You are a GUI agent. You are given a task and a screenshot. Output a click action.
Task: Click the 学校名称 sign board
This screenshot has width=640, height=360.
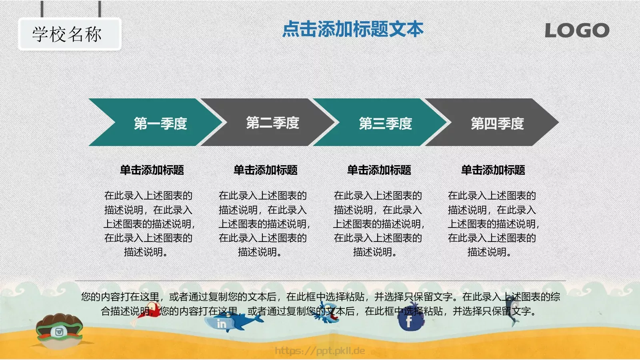tap(69, 34)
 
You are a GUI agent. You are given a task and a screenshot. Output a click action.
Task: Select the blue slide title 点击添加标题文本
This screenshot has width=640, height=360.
tap(352, 30)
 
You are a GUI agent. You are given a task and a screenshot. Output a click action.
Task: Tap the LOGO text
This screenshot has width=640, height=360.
tap(576, 31)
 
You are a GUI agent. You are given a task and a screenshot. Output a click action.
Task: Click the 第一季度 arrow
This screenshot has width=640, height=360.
tap(156, 123)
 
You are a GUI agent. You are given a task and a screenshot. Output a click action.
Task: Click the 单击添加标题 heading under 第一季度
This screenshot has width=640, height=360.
tap(152, 170)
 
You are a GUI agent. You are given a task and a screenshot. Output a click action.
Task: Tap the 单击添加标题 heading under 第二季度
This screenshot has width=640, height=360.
tap(266, 170)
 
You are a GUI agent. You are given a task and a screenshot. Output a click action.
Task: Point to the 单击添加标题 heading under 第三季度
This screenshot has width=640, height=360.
tap(379, 170)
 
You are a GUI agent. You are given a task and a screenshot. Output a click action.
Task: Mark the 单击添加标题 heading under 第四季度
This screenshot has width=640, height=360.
tap(493, 170)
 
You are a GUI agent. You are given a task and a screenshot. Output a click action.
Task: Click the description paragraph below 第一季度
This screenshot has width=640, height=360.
tap(148, 224)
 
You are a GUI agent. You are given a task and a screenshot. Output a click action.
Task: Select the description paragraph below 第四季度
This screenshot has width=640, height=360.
tap(492, 224)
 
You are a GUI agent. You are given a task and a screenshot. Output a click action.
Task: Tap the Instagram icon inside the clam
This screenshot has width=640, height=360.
tap(59, 332)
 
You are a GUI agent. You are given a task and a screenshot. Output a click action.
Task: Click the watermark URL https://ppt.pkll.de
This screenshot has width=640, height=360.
tap(320, 351)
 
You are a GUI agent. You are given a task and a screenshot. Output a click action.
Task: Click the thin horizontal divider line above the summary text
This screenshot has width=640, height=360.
tap(320, 281)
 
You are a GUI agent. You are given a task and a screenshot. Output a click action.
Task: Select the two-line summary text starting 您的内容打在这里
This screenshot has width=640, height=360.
tap(320, 304)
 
